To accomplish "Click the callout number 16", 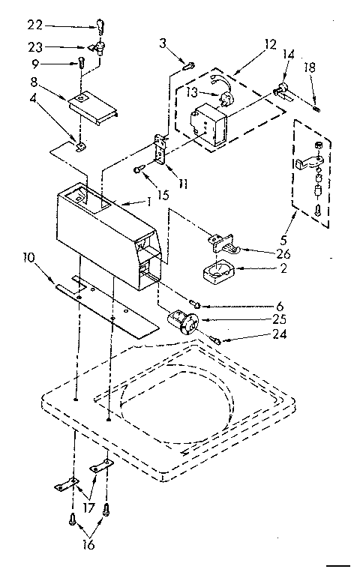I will click(x=88, y=546).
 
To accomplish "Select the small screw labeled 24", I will click(x=217, y=340).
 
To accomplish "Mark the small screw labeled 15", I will click(x=139, y=171).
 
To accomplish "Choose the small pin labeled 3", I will click(x=189, y=65).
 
